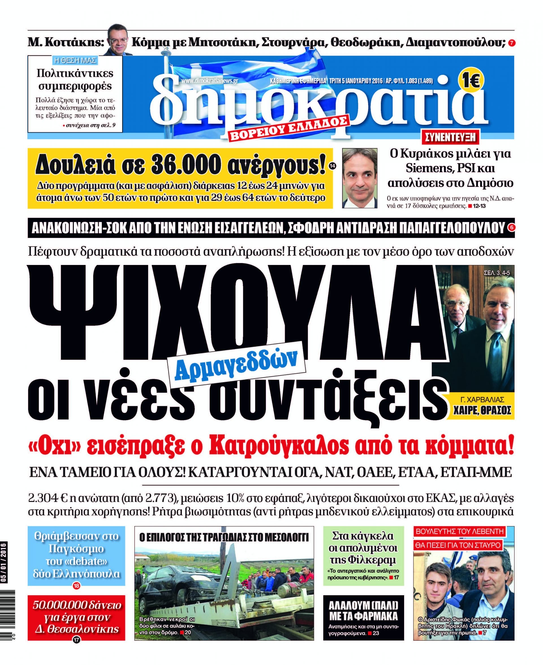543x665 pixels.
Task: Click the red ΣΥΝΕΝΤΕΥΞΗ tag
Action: [450, 137]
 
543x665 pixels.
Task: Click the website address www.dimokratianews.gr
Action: [210, 81]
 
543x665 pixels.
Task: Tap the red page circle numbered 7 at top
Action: [511, 43]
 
